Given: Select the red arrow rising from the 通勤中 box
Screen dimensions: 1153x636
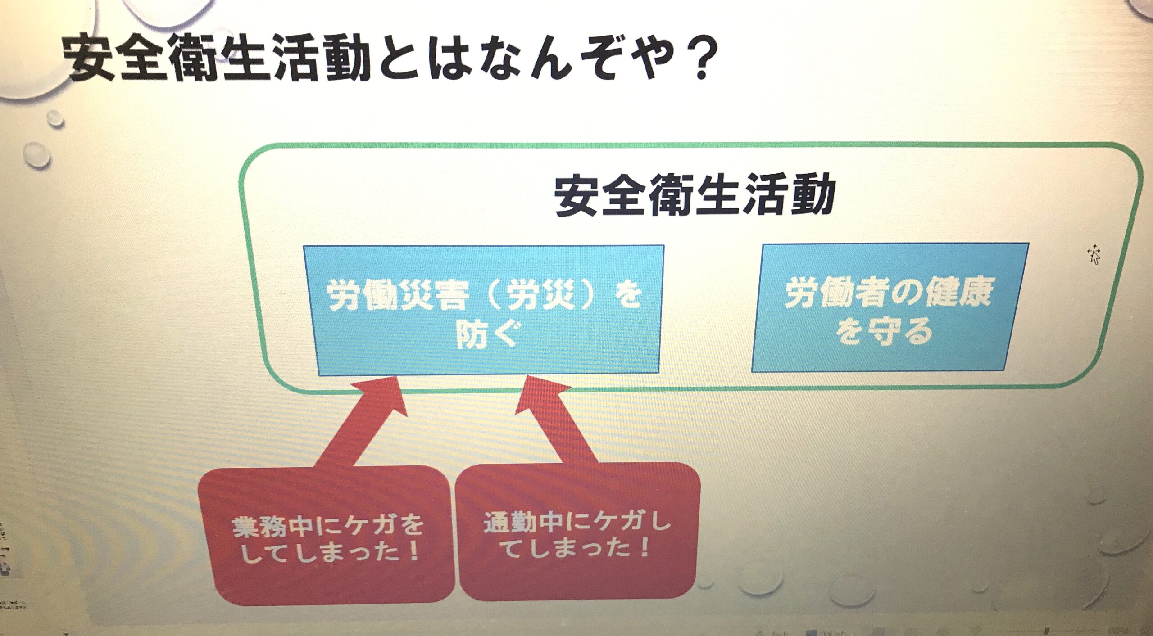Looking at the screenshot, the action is pos(556,419).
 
